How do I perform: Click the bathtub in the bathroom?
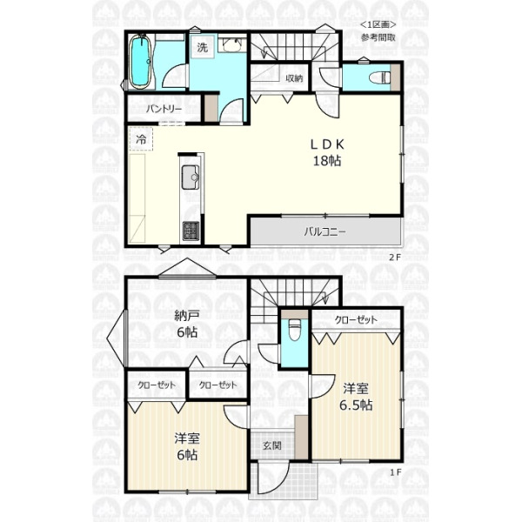[x=140, y=63]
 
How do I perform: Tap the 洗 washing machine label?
[x=202, y=47]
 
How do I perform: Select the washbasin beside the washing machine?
[x=232, y=45]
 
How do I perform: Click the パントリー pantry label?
[x=164, y=109]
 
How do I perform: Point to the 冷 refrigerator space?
[x=141, y=139]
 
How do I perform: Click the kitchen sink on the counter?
[x=191, y=177]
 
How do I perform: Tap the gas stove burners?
[x=191, y=231]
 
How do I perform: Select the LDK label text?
[x=327, y=144]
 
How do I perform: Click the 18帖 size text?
[x=327, y=161]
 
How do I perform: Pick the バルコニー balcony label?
[x=325, y=231]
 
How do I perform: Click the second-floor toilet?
[x=379, y=78]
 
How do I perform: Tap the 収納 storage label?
[x=295, y=78]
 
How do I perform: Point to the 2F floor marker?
[x=395, y=258]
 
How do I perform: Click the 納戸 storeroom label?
[x=187, y=315]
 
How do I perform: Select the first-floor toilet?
[x=294, y=329]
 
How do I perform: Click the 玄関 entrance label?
[x=272, y=445]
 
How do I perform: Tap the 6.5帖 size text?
[x=356, y=405]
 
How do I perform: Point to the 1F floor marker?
[x=395, y=472]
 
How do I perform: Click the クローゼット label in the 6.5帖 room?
[x=356, y=320]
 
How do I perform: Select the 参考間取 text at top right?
[x=378, y=37]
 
